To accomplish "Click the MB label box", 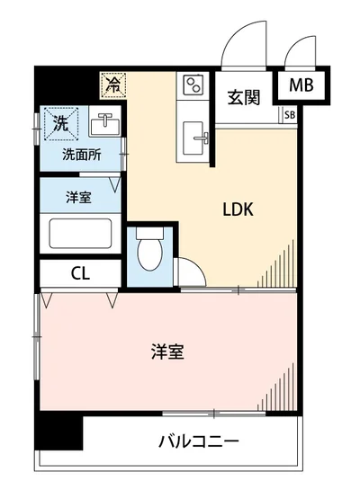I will [302, 87].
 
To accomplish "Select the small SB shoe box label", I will [289, 114].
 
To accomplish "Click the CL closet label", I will [80, 272].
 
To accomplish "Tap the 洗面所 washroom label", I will [80, 155].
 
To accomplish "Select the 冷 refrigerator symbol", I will [113, 85].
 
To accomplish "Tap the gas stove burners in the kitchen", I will [193, 86].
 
